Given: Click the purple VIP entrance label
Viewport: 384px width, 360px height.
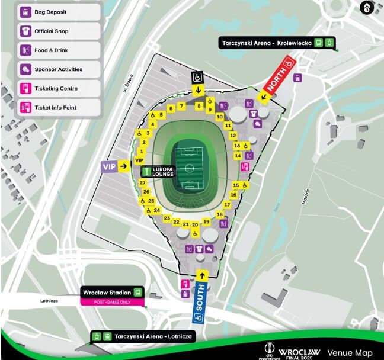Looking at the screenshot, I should point(110,167).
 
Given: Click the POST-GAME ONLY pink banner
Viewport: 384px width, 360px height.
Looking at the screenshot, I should point(113,301).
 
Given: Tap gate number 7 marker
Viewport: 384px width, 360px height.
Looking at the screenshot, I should point(182,107).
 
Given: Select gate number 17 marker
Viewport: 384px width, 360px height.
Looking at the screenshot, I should point(227,204).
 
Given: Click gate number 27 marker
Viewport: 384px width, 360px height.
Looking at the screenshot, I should point(143,183).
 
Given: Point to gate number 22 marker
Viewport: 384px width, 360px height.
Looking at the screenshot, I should point(177,221).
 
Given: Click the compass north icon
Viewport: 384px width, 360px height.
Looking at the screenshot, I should point(367,8).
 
